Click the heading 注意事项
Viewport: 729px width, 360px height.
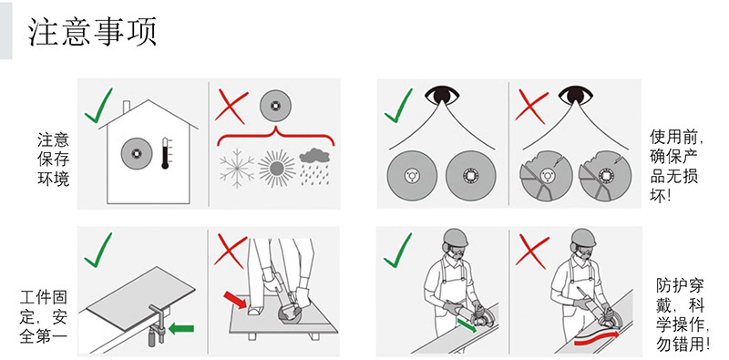tap(93, 32)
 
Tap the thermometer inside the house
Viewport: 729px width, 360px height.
tap(166, 153)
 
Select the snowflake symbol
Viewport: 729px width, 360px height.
tap(237, 169)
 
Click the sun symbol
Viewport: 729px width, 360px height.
tap(277, 169)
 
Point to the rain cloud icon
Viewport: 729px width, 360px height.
tap(314, 167)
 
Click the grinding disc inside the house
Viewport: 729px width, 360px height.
tap(137, 153)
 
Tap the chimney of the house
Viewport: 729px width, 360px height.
tap(127, 108)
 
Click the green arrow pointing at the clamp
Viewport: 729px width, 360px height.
tap(180, 328)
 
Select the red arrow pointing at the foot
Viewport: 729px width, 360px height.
tap(235, 300)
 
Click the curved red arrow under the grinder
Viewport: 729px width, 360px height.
tap(597, 339)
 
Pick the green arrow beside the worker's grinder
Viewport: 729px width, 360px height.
tap(467, 324)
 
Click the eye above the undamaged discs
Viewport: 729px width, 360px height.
tap(442, 96)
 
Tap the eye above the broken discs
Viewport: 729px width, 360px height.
tap(575, 96)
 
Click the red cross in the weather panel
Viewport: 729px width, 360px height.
tap(231, 108)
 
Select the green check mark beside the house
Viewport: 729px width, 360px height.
tap(98, 106)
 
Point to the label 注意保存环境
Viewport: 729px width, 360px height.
tap(53, 159)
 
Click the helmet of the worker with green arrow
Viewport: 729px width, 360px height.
tap(455, 238)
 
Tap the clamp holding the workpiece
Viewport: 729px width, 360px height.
tap(157, 324)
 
